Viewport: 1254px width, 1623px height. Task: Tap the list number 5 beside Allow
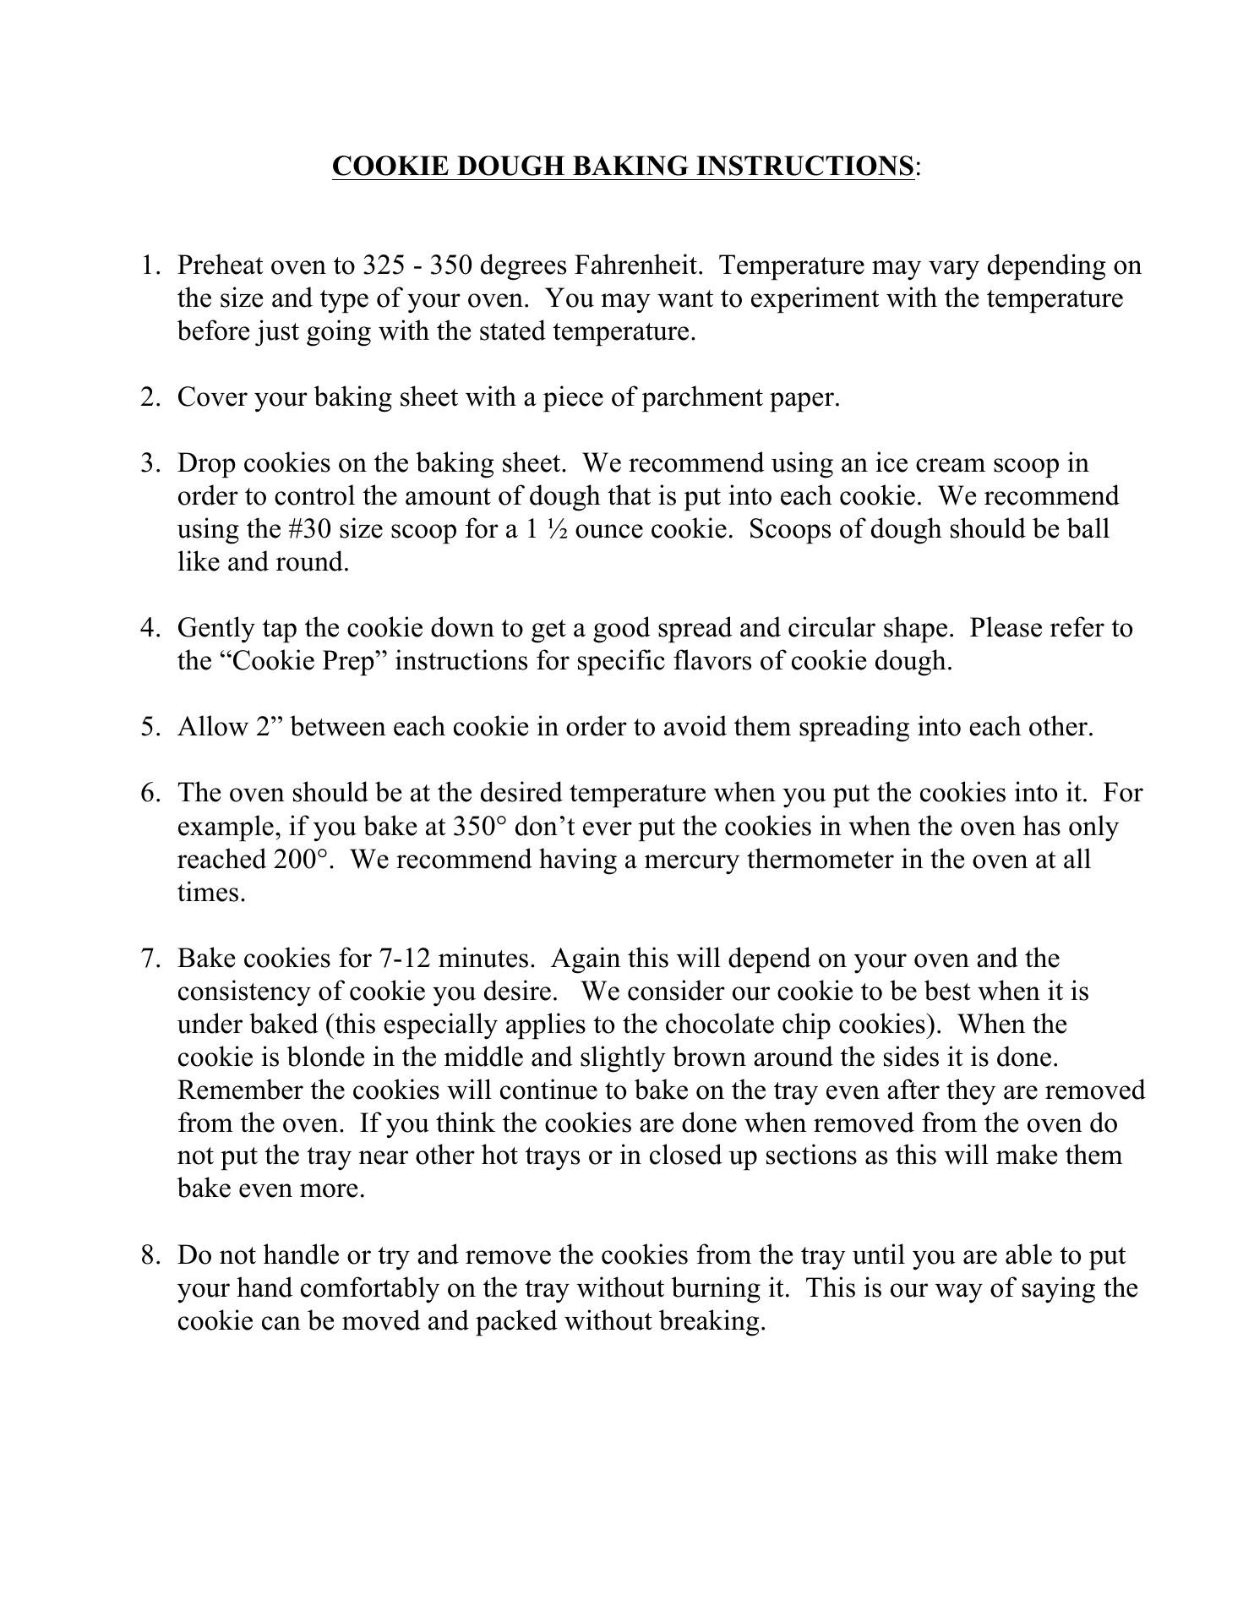pos(150,727)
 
